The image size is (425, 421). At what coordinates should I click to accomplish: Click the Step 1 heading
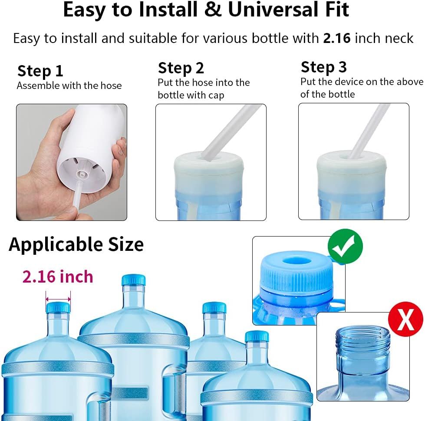40,71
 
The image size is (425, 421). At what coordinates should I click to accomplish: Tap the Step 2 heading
181,68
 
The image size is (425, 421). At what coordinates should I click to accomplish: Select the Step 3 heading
323,67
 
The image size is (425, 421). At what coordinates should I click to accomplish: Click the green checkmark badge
345,246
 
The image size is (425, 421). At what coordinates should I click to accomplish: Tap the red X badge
405,319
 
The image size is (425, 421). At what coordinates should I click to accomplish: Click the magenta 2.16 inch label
58,276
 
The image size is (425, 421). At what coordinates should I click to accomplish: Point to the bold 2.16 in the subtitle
337,38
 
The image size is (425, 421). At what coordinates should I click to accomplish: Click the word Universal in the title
274,10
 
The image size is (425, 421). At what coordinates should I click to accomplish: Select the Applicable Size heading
76,245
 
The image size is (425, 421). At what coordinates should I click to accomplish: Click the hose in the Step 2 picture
231,132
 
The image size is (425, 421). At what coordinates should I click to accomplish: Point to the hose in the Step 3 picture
369,132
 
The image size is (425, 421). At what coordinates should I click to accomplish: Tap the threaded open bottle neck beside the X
363,352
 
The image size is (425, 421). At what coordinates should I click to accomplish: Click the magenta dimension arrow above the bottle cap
58,299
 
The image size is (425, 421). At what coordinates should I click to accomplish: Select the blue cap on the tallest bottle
133,280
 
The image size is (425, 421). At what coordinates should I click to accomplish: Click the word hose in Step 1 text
111,86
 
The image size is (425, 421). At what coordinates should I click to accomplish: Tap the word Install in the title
168,10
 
